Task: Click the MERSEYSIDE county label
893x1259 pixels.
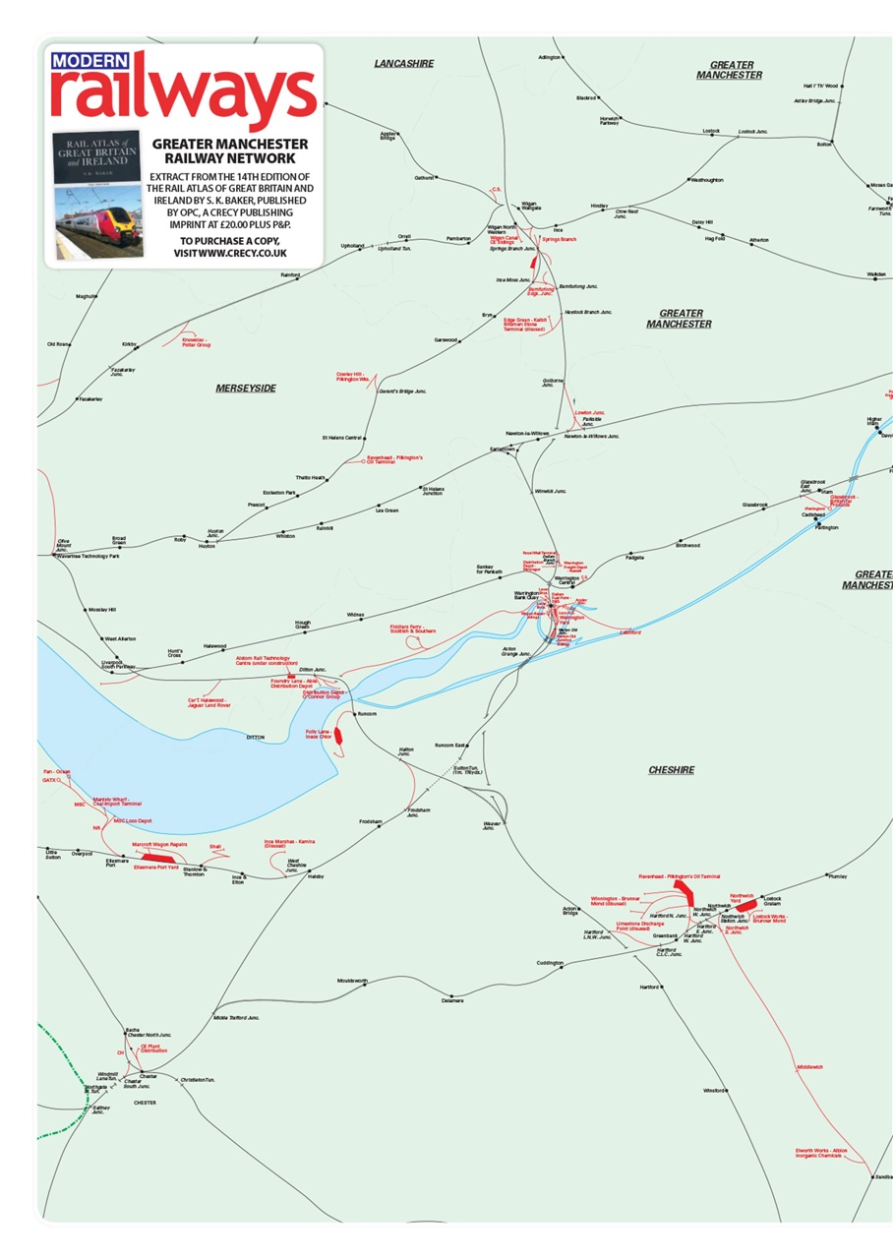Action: point(246,389)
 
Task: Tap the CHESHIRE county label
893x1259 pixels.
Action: point(672,770)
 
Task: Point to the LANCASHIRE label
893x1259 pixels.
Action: point(403,64)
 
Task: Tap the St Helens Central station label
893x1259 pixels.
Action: point(342,437)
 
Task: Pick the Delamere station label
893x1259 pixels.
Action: point(451,1000)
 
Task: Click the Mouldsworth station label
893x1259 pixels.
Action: point(352,981)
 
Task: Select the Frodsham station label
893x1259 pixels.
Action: point(370,820)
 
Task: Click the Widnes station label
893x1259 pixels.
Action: point(355,615)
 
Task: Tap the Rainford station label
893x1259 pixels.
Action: point(289,274)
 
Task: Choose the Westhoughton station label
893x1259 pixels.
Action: point(707,180)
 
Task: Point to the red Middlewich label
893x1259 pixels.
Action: point(809,1066)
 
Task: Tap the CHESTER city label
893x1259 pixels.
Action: point(145,1103)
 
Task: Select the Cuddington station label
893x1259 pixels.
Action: point(550,963)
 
